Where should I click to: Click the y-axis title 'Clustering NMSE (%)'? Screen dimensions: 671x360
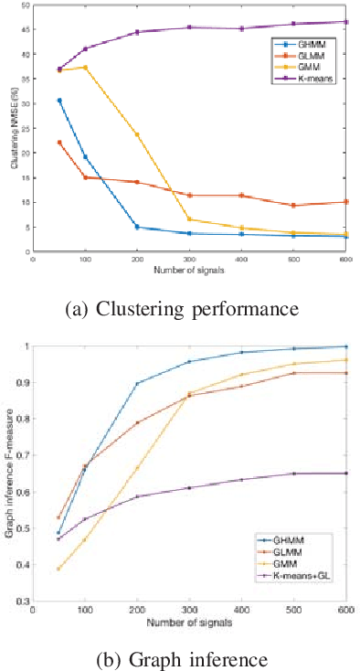click(14, 127)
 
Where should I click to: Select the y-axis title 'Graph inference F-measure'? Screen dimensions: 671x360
click(14, 474)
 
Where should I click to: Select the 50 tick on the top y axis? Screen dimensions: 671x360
click(25, 5)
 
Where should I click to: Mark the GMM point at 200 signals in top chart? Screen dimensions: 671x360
click(137, 134)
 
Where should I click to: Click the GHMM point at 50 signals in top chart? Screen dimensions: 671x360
click(59, 101)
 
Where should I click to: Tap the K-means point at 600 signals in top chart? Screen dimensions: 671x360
click(346, 21)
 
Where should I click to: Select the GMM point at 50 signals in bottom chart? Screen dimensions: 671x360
click(59, 569)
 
